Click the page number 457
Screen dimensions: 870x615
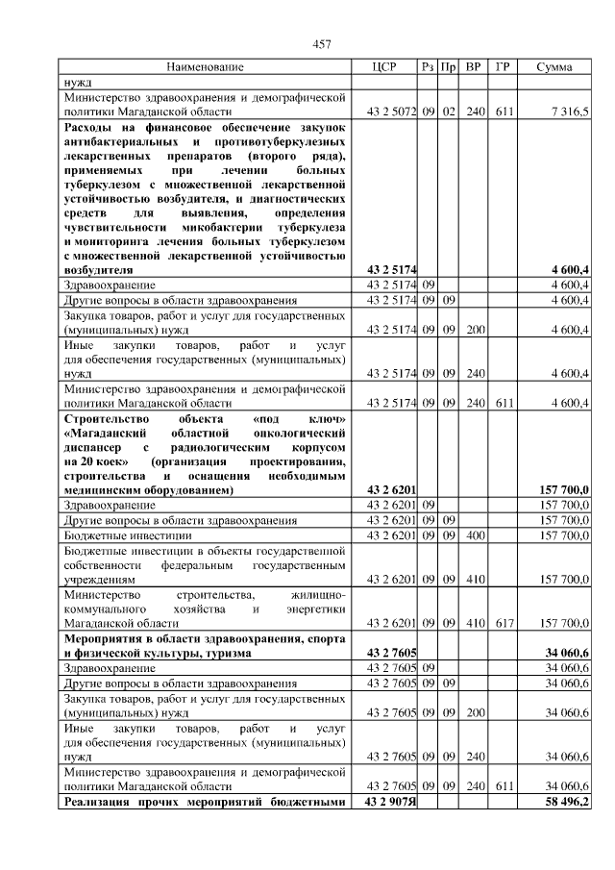point(323,44)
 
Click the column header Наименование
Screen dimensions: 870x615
point(205,67)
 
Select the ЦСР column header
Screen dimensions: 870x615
point(384,67)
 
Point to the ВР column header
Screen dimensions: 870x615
point(473,67)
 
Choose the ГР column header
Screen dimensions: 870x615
point(502,67)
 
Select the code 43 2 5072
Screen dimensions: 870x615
point(390,112)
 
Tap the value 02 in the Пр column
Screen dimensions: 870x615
point(448,112)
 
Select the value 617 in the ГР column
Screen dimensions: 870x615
point(504,623)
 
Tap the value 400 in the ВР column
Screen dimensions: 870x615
point(473,534)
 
